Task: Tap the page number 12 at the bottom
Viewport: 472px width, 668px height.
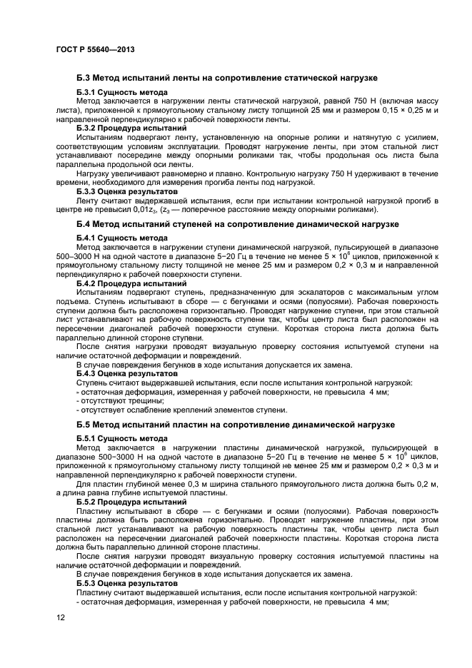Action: click(x=60, y=617)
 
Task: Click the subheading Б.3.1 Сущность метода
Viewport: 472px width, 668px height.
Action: click(x=122, y=93)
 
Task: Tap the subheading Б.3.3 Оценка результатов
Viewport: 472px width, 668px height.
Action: click(x=127, y=192)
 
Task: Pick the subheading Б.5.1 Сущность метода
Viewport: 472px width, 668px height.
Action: click(x=122, y=439)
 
